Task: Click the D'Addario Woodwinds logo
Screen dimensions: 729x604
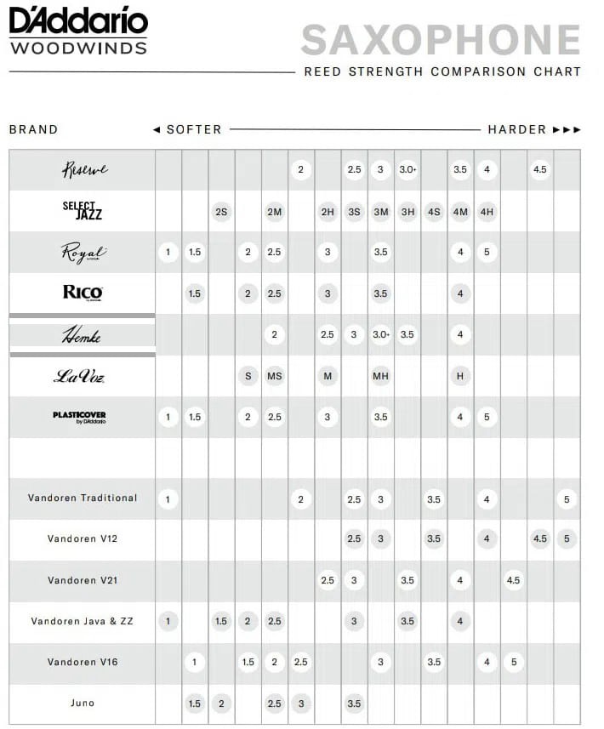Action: pyautogui.click(x=77, y=31)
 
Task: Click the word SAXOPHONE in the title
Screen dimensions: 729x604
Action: pyautogui.click(x=440, y=40)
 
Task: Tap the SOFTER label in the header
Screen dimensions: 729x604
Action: pyautogui.click(x=194, y=130)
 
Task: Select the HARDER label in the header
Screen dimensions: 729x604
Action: pyautogui.click(x=517, y=130)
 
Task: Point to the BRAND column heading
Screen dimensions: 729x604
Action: pyautogui.click(x=34, y=130)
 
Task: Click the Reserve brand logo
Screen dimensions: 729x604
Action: pyautogui.click(x=83, y=170)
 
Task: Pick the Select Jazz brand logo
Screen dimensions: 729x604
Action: pyautogui.click(x=83, y=211)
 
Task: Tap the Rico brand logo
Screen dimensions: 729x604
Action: pyautogui.click(x=83, y=293)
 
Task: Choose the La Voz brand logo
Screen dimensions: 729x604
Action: pyautogui.click(x=79, y=376)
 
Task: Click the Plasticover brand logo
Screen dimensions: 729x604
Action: pyautogui.click(x=79, y=417)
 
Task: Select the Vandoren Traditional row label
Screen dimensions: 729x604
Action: pyautogui.click(x=83, y=498)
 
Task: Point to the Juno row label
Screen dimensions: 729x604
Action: pyautogui.click(x=83, y=703)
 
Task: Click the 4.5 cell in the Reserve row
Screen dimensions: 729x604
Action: pyautogui.click(x=539, y=170)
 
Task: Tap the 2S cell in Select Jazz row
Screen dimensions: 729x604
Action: pyautogui.click(x=221, y=212)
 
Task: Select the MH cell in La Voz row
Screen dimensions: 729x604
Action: pyautogui.click(x=380, y=376)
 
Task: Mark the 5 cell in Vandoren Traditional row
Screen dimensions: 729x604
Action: pyautogui.click(x=567, y=499)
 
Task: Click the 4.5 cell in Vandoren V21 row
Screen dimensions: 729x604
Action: pyautogui.click(x=513, y=581)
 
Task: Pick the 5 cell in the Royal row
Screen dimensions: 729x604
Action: pyautogui.click(x=487, y=253)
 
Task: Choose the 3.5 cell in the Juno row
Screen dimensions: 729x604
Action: pyautogui.click(x=354, y=704)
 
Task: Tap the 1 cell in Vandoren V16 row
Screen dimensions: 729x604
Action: pyautogui.click(x=195, y=663)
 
